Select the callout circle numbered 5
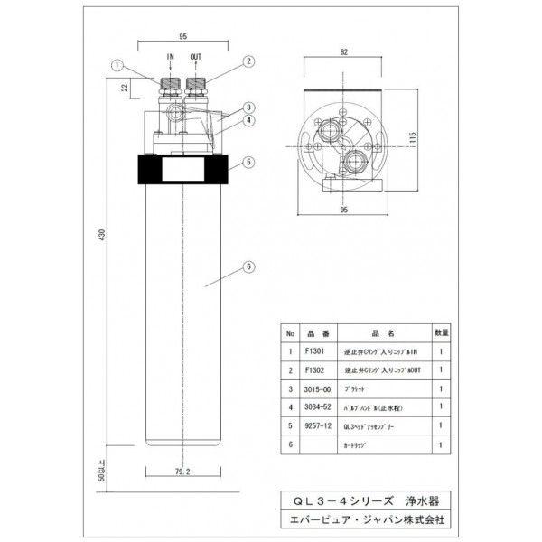[x=246, y=164]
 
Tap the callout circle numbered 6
[x=246, y=266]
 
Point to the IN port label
[x=170, y=55]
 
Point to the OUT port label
[x=196, y=55]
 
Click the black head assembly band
[x=183, y=168]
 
